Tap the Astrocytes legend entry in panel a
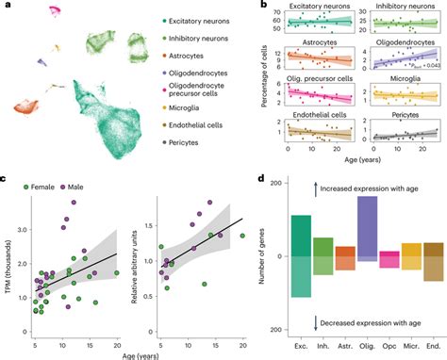coord(189,56)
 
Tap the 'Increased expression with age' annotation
coord(376,190)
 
